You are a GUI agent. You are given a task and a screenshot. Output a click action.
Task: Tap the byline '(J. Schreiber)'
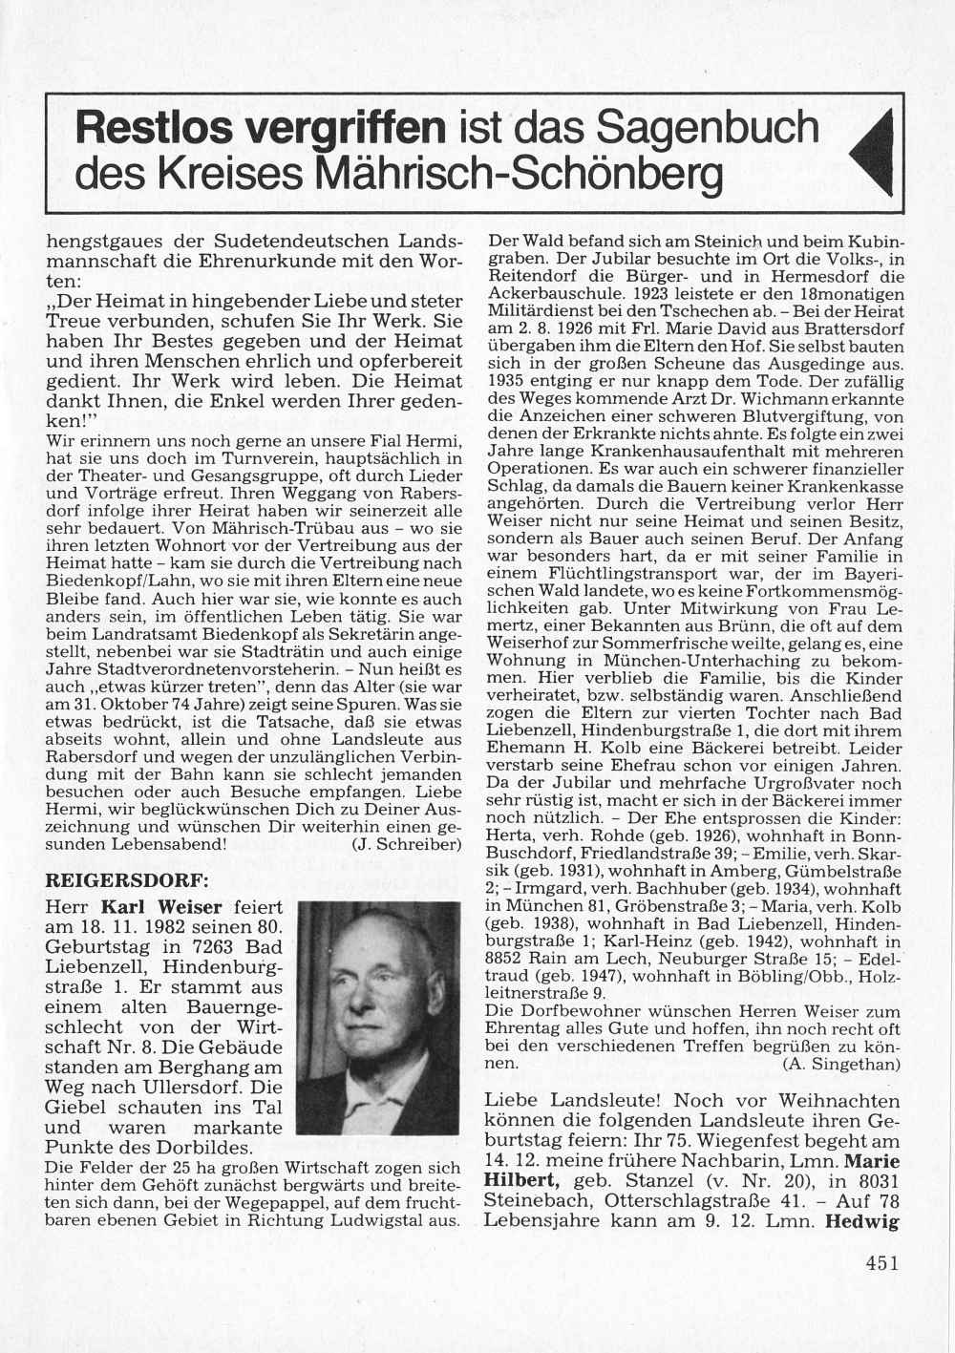pyautogui.click(x=407, y=845)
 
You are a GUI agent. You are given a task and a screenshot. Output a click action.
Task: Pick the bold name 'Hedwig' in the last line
pyautogui.click(x=862, y=1220)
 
